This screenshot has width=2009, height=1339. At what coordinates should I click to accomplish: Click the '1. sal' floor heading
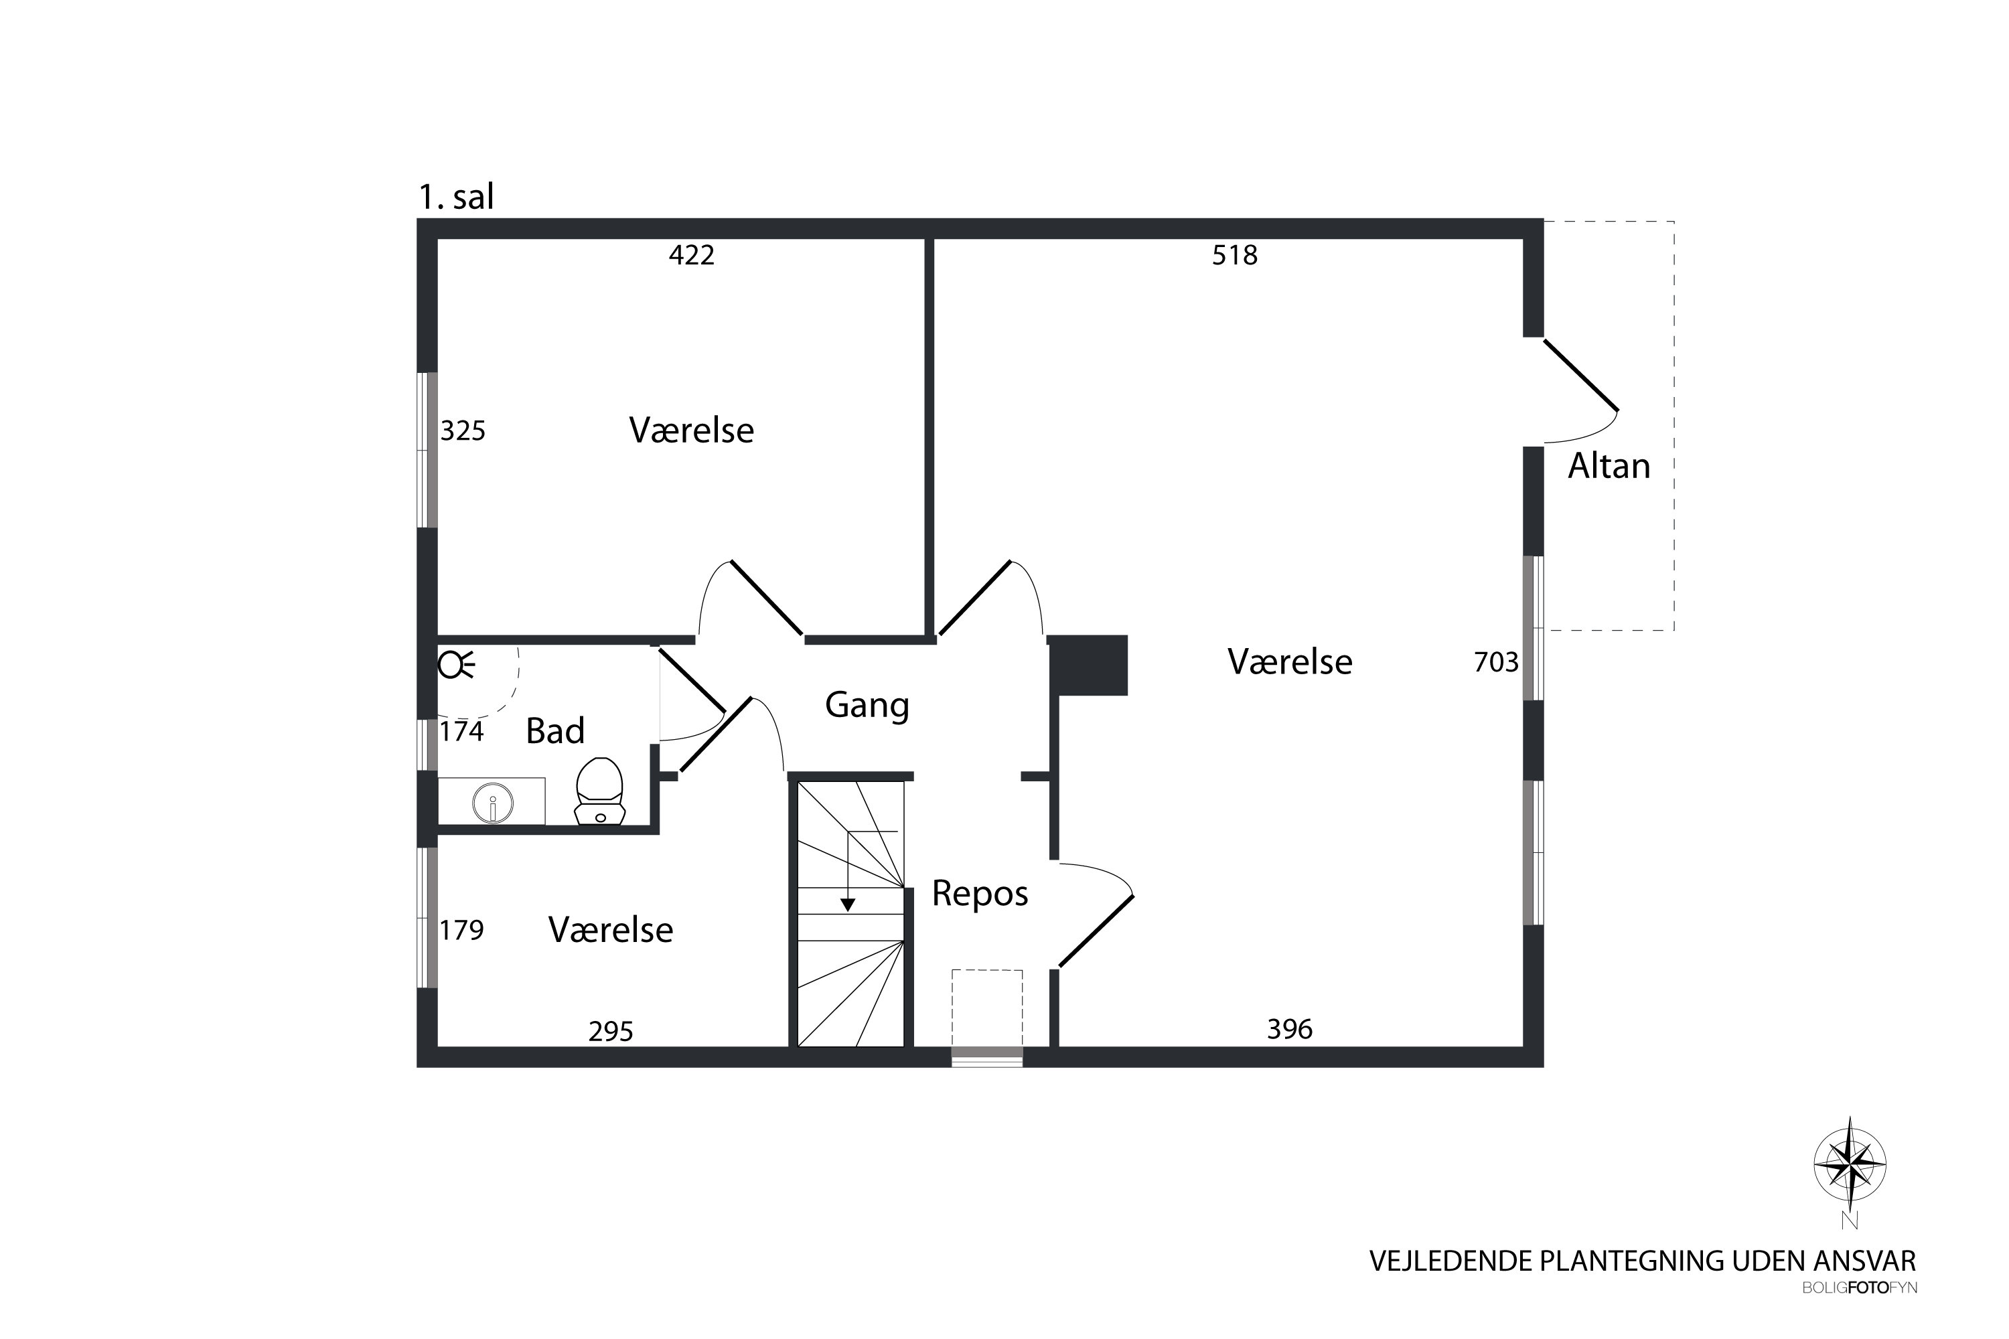456,198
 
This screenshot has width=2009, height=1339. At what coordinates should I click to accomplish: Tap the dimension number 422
691,255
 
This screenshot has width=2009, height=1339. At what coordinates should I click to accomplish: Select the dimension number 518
1234,255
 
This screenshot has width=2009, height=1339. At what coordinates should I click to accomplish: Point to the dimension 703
1497,662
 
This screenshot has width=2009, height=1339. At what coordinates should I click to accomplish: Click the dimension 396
1290,1029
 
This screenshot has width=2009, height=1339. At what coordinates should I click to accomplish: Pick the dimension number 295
611,1032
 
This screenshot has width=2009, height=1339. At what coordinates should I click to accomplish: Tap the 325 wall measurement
463,430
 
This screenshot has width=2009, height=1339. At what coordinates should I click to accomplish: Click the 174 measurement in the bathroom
461,731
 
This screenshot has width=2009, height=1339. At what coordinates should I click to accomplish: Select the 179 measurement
461,929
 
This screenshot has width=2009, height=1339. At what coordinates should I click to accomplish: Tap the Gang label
867,706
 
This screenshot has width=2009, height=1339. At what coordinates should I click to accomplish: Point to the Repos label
980,894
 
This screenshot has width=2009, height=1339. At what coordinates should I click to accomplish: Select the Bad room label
555,731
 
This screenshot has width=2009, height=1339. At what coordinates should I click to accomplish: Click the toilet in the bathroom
599,791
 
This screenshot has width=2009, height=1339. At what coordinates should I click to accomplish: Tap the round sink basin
493,803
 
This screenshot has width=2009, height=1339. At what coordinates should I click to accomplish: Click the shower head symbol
456,663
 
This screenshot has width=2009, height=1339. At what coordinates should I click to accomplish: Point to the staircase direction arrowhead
847,904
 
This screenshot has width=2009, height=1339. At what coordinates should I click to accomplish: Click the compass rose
1850,1164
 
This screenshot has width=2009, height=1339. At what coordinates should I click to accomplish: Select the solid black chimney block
1088,665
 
